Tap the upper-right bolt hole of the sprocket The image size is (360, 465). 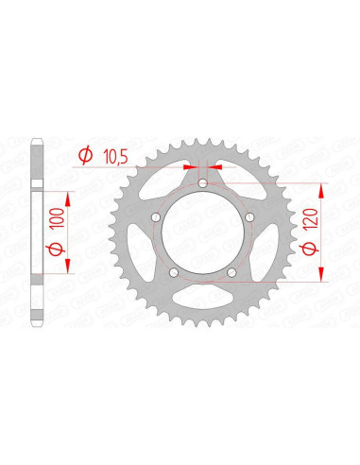point(251,218)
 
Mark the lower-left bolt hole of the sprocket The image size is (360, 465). point(174,275)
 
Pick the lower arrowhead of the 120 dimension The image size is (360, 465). point(327,281)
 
